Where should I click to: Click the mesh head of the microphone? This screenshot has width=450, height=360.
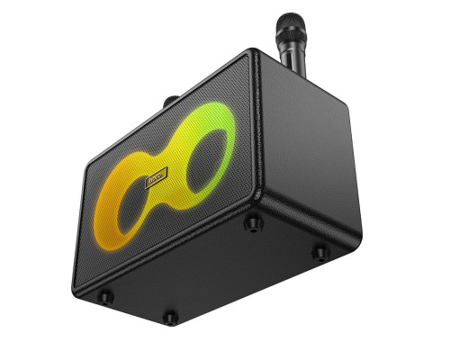pyautogui.click(x=290, y=25)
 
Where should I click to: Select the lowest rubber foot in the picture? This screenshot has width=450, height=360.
pyautogui.click(x=170, y=316)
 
